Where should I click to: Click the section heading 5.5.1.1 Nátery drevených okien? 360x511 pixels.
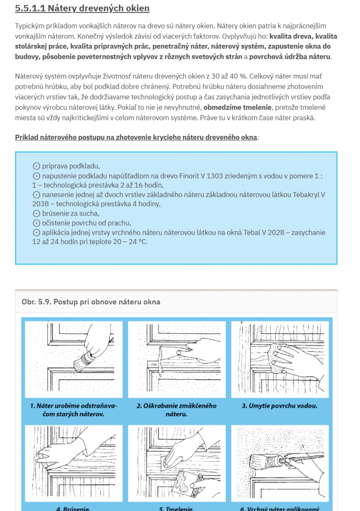[x=82, y=8]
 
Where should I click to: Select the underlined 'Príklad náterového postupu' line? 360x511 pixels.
[x=137, y=137]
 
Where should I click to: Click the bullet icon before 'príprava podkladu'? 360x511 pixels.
[x=35, y=166]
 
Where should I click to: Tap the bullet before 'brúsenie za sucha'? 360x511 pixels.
[x=35, y=214]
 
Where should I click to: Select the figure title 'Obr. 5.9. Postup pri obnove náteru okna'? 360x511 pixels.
[x=91, y=302]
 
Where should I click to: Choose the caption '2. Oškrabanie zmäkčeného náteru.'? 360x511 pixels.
[x=177, y=410]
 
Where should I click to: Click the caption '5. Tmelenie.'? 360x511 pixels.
[x=177, y=509]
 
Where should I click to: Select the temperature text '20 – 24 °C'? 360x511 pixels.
[x=129, y=242]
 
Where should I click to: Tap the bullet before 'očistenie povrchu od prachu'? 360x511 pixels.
[x=35, y=223]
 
